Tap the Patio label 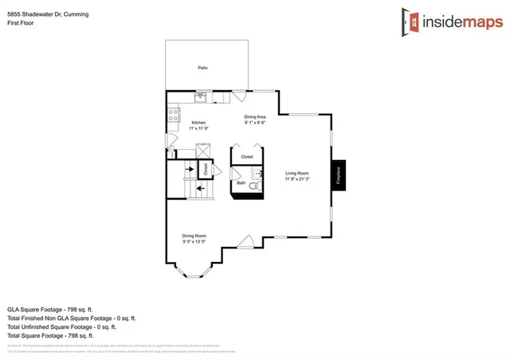point(202,68)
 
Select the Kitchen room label point(198,122)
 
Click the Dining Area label point(254,116)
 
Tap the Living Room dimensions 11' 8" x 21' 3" point(297,179)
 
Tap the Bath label point(241,184)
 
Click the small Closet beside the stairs point(205,169)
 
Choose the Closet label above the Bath point(246,157)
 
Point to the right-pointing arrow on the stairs point(189,169)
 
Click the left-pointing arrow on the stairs point(189,188)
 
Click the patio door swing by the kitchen point(239,96)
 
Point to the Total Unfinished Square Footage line point(61,326)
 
